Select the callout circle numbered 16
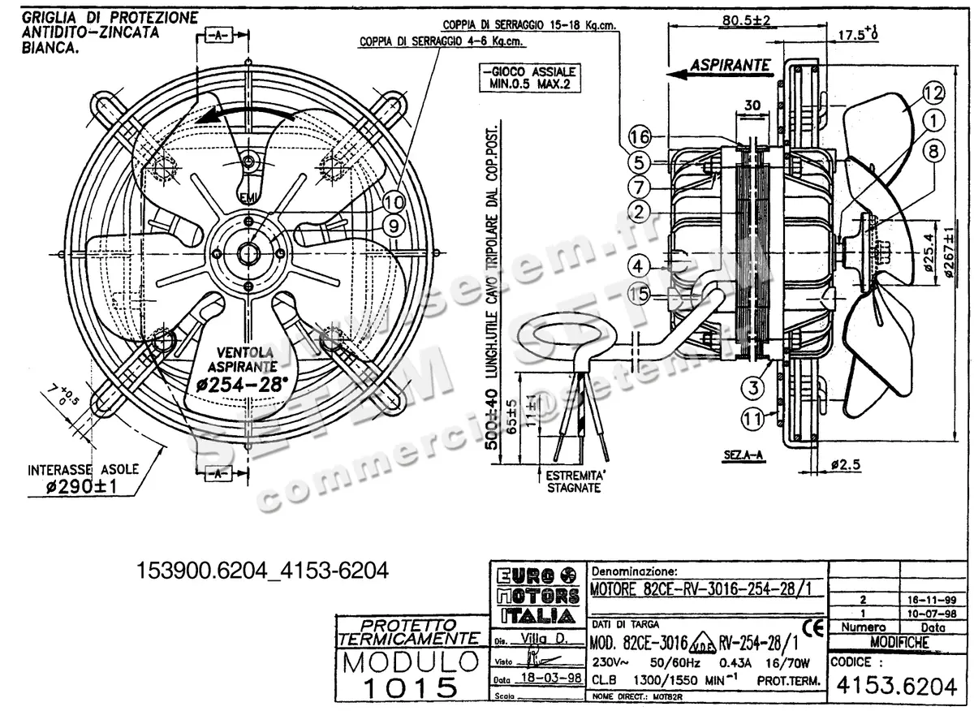[640, 137]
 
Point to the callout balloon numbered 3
[754, 388]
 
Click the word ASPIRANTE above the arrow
[729, 63]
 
